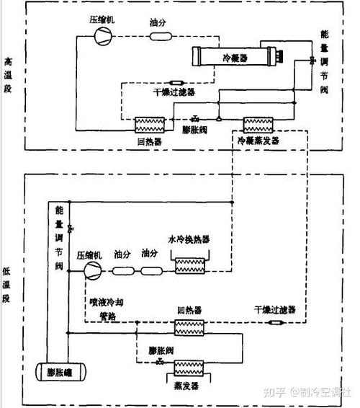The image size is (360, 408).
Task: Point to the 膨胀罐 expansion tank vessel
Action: click(59, 373)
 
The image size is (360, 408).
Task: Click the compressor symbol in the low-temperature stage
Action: click(94, 271)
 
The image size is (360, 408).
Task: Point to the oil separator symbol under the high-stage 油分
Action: click(158, 35)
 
